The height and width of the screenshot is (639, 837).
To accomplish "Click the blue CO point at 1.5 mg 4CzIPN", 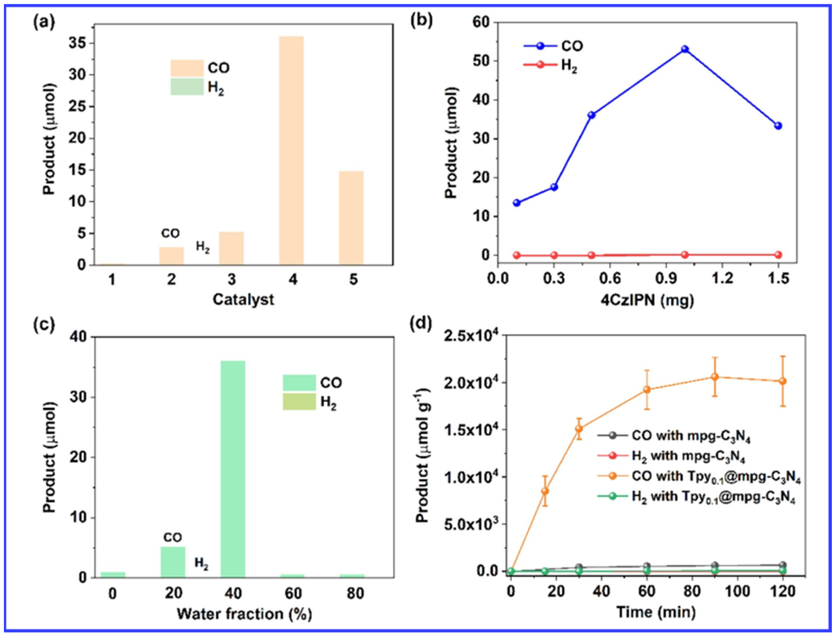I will [x=778, y=126].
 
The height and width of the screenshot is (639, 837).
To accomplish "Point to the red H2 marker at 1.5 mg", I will [x=778, y=254].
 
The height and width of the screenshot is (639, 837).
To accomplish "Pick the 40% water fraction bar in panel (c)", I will [x=233, y=469].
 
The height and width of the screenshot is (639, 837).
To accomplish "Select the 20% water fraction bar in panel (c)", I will [x=173, y=562].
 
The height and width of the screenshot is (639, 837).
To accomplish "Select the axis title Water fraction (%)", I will [x=245, y=614].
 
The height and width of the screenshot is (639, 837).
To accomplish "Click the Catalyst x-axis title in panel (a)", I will [x=243, y=300].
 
